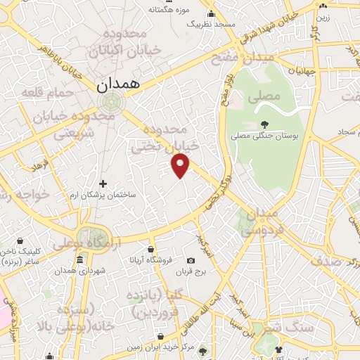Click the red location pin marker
(x=181, y=165)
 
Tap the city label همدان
(x=117, y=84)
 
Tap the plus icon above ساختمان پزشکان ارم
(x=103, y=184)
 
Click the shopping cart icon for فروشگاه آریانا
(x=150, y=250)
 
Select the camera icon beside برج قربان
(x=191, y=261)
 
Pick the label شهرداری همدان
(x=73, y=270)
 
